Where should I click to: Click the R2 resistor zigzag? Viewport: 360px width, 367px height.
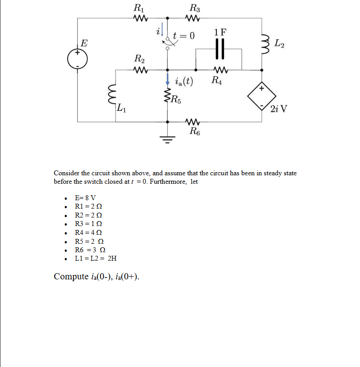click(140, 70)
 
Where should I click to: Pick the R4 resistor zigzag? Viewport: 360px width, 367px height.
click(219, 70)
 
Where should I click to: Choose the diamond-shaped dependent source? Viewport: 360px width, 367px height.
click(261, 95)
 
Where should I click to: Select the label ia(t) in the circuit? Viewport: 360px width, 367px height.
click(184, 81)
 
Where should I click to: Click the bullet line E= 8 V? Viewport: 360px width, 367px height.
click(86, 198)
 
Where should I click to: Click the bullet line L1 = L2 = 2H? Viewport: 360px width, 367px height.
click(96, 258)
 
